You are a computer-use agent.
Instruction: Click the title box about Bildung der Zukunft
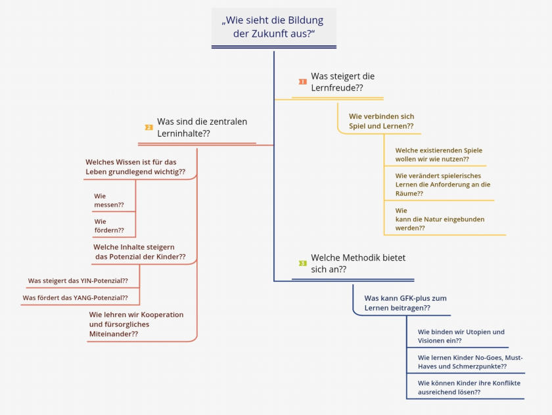point(273,27)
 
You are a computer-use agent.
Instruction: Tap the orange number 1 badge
point(302,81)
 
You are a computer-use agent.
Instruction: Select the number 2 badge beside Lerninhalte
point(149,127)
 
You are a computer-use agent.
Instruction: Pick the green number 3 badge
point(302,263)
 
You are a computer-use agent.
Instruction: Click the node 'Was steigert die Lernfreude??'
point(342,82)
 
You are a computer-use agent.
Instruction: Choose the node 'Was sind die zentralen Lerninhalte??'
point(202,127)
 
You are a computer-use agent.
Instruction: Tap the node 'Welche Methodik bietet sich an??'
point(353,263)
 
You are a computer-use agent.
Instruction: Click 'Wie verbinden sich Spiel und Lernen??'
point(381,121)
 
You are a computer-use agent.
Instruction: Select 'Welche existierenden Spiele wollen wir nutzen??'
point(438,155)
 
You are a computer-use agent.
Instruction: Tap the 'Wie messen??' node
point(109,200)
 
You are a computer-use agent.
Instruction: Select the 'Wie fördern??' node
point(109,226)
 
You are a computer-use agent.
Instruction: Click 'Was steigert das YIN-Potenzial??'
point(78,281)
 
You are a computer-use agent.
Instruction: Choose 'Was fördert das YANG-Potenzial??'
point(75,298)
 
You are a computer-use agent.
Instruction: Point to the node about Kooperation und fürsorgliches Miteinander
point(136,324)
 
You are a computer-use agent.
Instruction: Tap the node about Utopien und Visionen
point(461,336)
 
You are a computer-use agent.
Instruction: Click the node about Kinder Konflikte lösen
point(469,387)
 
